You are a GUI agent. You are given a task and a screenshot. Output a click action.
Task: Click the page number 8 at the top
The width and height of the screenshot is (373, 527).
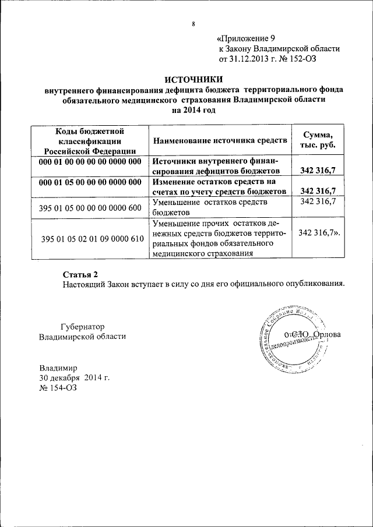193,24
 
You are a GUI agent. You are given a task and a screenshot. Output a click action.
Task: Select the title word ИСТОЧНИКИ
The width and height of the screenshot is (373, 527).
193,80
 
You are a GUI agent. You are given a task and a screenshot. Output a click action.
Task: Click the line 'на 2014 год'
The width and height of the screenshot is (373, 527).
193,111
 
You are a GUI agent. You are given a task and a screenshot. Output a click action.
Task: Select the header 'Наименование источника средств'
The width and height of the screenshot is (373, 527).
220,141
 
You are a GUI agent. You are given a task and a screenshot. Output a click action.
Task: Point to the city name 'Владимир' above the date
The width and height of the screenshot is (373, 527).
58,367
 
